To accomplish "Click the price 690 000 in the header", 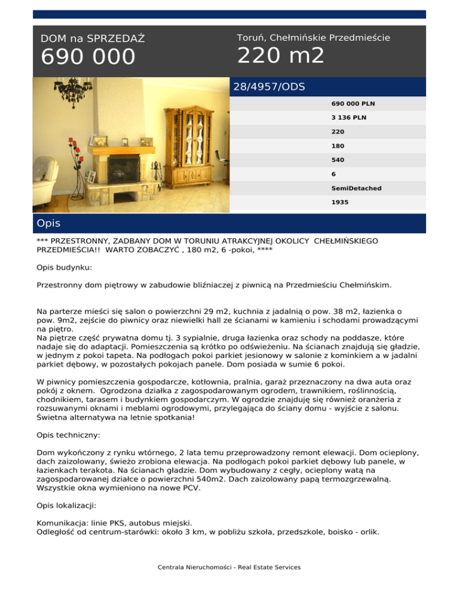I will [88, 58].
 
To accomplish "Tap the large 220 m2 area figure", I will [281, 56].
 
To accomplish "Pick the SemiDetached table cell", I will [356, 188].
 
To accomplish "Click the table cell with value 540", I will [337, 160].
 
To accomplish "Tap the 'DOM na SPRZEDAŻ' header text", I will [93, 39].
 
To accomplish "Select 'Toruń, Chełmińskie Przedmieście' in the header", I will [314, 38].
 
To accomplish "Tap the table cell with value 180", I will [337, 145].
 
